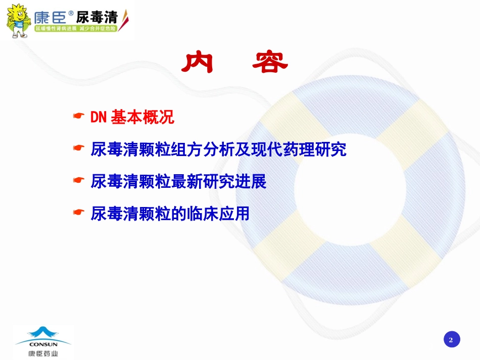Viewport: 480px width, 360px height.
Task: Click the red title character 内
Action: coord(198,63)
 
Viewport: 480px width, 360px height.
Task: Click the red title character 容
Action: coord(270,63)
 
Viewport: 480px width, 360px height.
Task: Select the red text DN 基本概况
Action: coord(132,117)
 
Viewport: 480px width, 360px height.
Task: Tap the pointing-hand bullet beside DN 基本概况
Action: coord(79,116)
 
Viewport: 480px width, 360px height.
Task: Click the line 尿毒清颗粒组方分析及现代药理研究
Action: coord(219,149)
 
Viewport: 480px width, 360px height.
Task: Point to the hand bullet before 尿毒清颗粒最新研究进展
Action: coord(79,180)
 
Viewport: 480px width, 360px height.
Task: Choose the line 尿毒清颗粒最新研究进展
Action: coord(178,182)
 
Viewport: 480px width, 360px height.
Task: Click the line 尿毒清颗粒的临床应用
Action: coord(170,214)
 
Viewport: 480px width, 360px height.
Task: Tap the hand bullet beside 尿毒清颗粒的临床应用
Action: coord(79,212)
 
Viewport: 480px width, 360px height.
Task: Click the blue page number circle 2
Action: coord(452,339)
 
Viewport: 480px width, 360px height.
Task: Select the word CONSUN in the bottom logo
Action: coord(43,344)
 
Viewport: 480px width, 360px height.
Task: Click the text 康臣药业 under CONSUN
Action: coord(43,353)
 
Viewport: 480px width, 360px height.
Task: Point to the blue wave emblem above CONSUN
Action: coord(43,334)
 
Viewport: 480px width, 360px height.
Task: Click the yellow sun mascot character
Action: coord(18,21)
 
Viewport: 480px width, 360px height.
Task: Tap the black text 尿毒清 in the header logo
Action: coord(97,17)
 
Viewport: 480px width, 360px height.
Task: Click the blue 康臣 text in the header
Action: coord(50,18)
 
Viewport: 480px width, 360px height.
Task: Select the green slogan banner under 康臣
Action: coord(76,28)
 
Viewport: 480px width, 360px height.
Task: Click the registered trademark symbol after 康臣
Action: coord(71,13)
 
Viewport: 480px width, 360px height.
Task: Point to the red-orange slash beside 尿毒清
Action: coord(123,20)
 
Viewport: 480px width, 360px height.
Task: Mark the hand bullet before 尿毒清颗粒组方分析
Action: coord(79,148)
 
